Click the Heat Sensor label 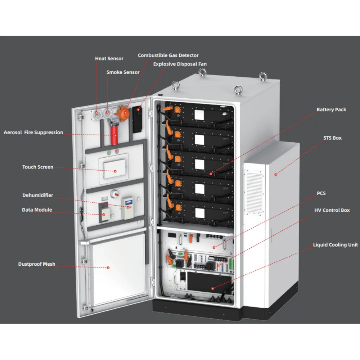pos(109,59)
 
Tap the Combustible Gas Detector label pos(168,55)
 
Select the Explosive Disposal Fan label pos(180,64)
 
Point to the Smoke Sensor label pos(123,72)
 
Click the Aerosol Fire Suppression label pos(33,132)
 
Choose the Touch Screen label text pos(38,167)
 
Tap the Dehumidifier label pos(38,195)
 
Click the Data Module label pos(37,210)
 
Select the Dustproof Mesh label pos(37,264)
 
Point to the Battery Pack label pos(331,110)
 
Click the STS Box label pos(332,138)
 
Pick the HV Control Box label pos(332,210)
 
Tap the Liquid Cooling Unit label pos(336,245)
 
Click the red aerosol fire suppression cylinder pos(114,135)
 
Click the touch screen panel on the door pos(114,169)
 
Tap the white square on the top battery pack pos(199,115)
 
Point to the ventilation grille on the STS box pos(254,192)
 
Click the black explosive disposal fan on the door pos(137,120)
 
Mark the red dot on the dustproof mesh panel pos(108,268)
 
